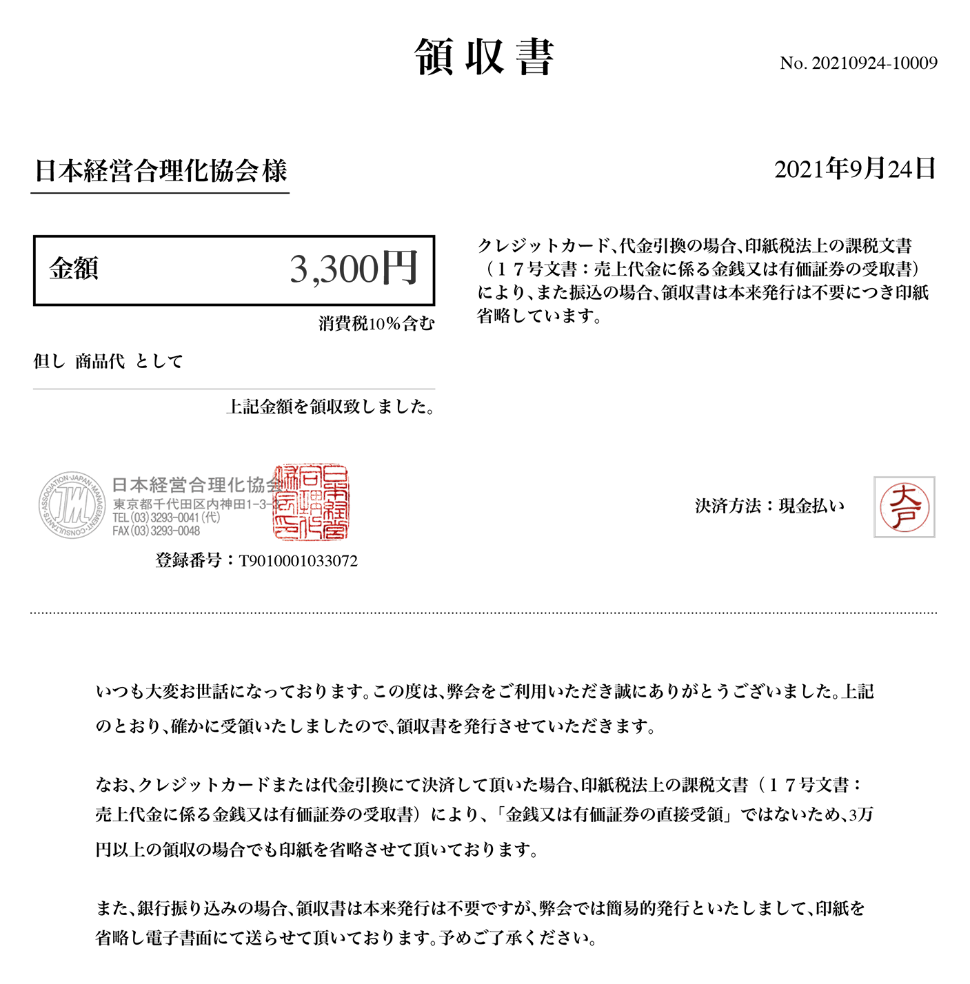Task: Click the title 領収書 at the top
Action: pos(484,57)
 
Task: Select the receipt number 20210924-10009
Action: pos(874,63)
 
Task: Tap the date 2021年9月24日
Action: pos(855,169)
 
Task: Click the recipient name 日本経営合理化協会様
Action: pos(161,171)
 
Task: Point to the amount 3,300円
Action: pos(354,269)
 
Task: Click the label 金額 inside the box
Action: pos(74,269)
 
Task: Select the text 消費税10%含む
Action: pos(376,324)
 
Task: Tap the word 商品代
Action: pos(100,361)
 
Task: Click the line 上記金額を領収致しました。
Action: pos(330,407)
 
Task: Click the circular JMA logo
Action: pos(72,505)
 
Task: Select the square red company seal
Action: pos(312,502)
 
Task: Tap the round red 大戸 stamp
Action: pos(904,507)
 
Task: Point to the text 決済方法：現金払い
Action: pos(769,506)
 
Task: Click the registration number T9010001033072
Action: pos(298,561)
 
